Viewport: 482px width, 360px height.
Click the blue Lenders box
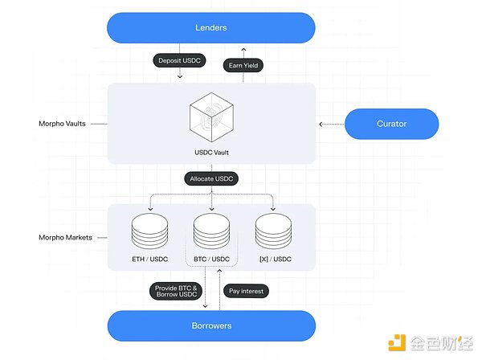tap(211, 28)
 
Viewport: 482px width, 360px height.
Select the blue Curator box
tap(391, 124)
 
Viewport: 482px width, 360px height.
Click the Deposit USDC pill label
tap(179, 61)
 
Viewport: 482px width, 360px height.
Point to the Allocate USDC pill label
tap(211, 179)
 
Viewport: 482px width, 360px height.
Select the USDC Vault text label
tap(211, 152)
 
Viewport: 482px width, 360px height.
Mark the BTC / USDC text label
tap(211, 258)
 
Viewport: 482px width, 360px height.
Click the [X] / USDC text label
tap(273, 258)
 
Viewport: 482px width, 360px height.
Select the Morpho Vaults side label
tap(61, 124)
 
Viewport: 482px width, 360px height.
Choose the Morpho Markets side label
tap(63, 238)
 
